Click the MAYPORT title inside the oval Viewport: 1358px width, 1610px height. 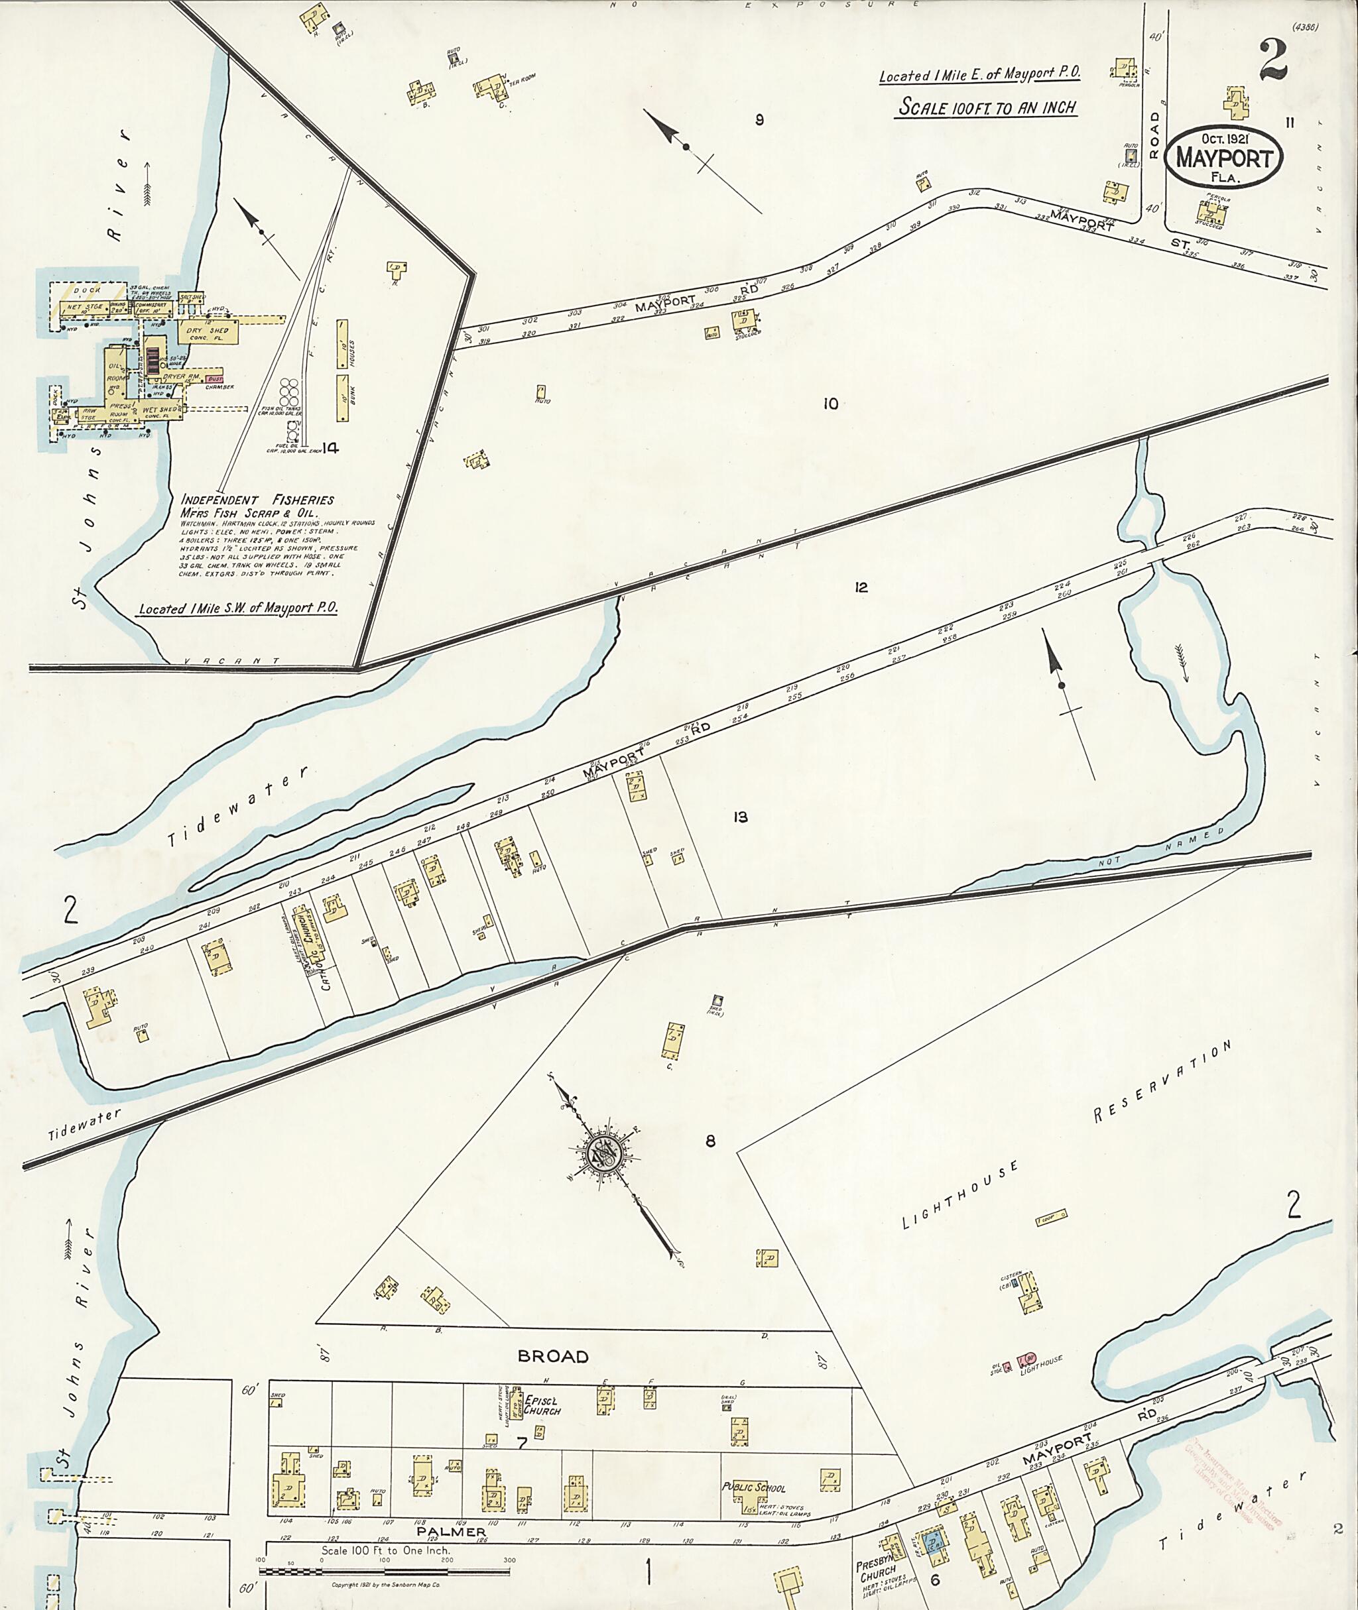[x=1223, y=158]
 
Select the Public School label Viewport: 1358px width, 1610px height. [x=755, y=1487]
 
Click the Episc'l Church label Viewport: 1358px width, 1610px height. [x=541, y=1405]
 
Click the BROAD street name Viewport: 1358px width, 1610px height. [x=553, y=1356]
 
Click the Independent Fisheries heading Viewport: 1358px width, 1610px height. [x=257, y=498]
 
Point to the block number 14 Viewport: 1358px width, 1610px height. [x=330, y=448]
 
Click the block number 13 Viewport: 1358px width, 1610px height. [x=740, y=817]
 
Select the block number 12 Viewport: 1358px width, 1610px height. [x=861, y=587]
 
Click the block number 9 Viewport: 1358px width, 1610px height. [x=759, y=119]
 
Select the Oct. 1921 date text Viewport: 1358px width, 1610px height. [x=1222, y=139]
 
